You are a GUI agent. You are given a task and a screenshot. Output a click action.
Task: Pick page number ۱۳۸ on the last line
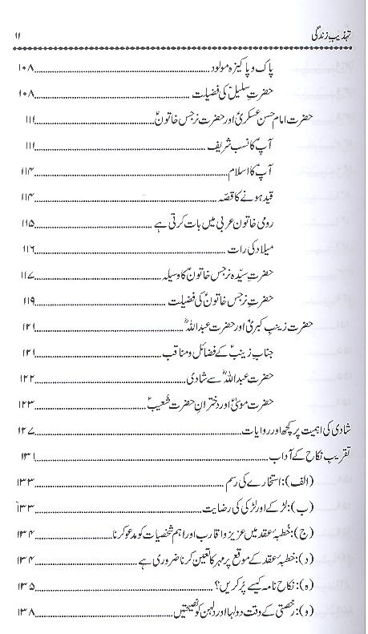[25, 612]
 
